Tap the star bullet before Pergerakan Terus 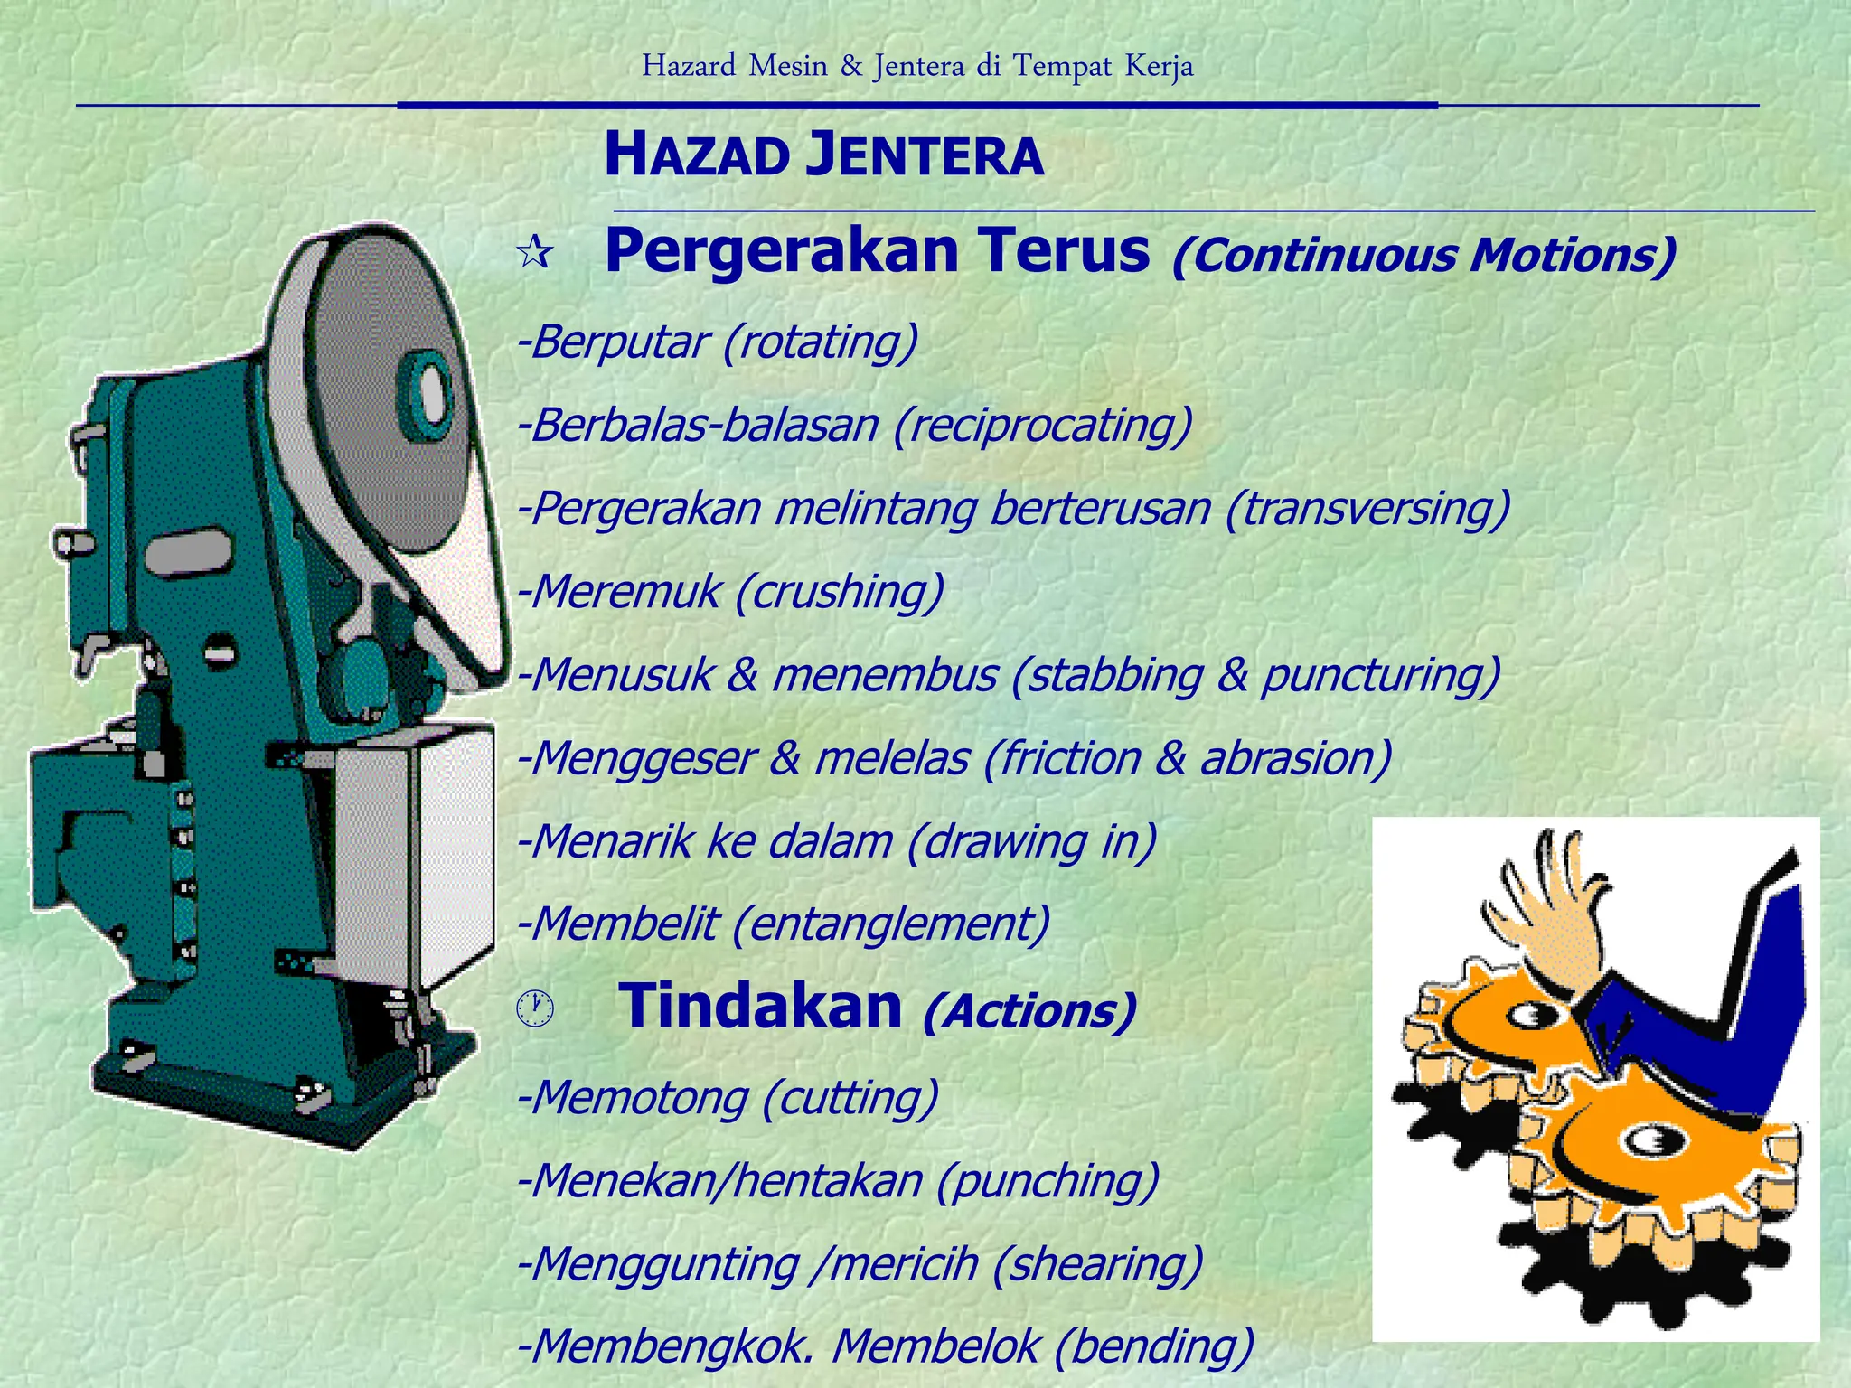[x=535, y=252]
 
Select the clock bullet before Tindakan [x=535, y=1007]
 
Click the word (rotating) [x=820, y=342]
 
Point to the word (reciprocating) [x=1043, y=426]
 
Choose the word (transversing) [x=1367, y=509]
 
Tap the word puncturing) [x=1381, y=675]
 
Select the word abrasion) [x=1296, y=758]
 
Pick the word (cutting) [x=850, y=1098]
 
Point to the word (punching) [x=1048, y=1181]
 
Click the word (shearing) [x=1097, y=1264]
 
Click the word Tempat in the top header [x=1062, y=66]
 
